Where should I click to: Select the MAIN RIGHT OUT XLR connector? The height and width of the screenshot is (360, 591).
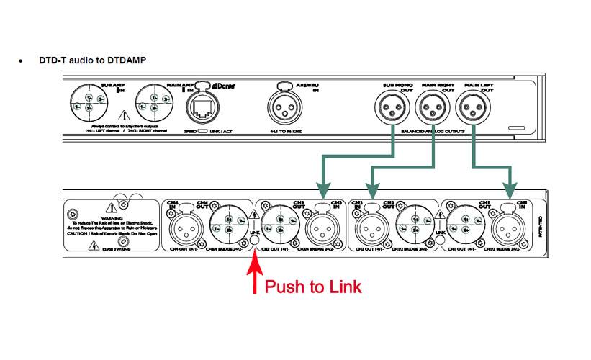(x=433, y=109)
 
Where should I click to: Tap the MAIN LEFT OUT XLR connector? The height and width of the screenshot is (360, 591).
(x=474, y=109)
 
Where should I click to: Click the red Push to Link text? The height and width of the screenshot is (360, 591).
(x=313, y=287)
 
